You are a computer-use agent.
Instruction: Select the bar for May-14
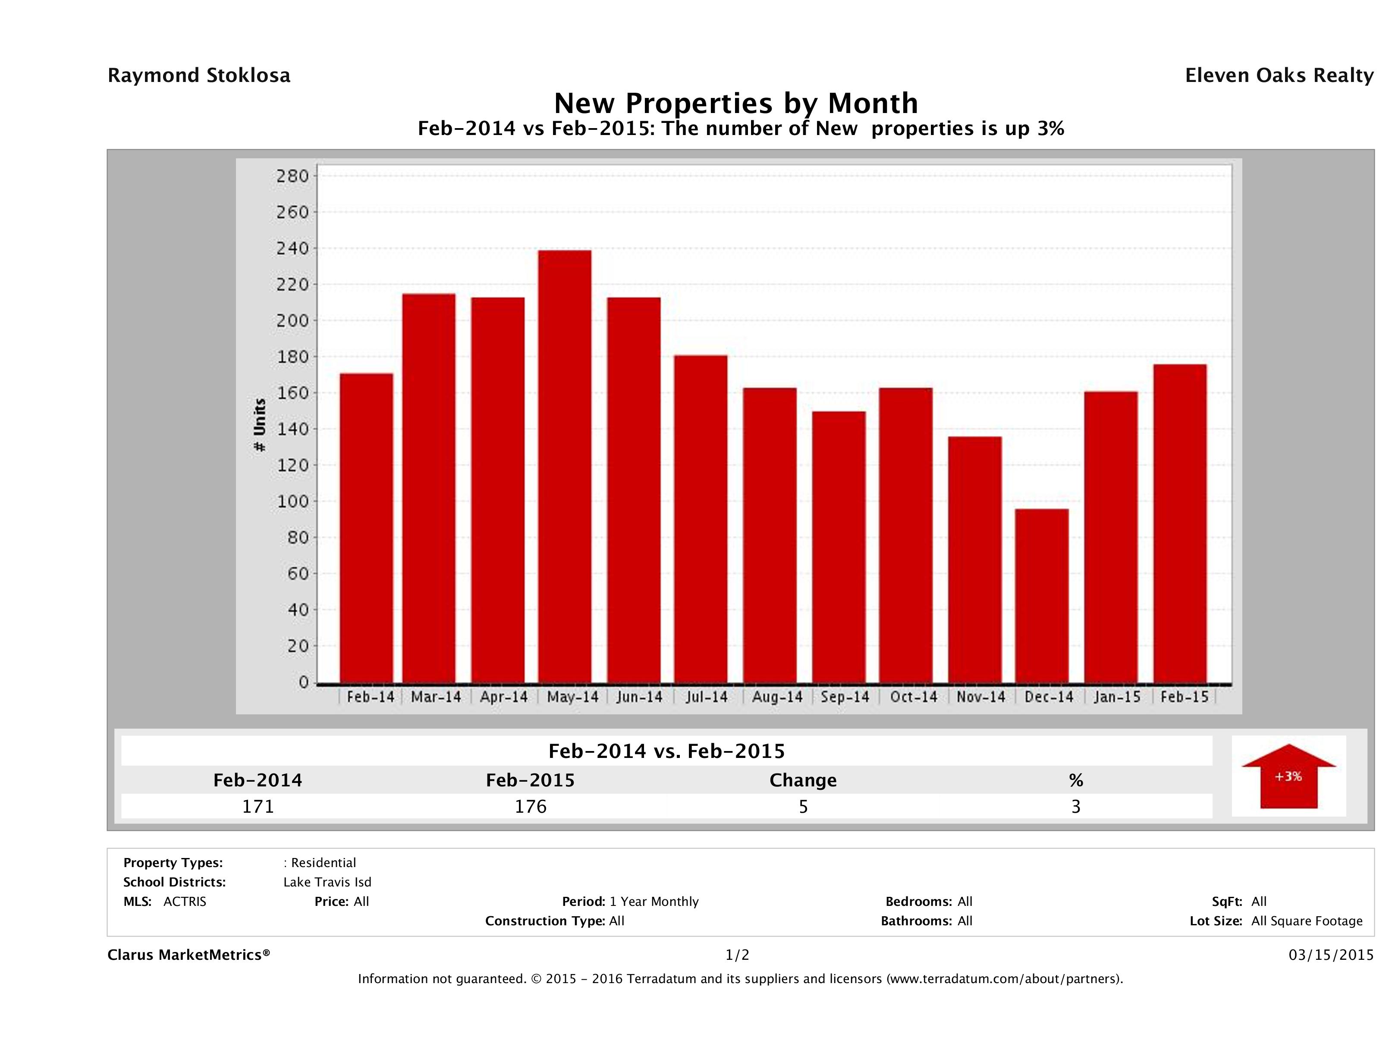pyautogui.click(x=565, y=466)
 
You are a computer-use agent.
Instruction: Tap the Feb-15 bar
pyautogui.click(x=1180, y=523)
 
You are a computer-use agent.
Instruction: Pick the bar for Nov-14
pyautogui.click(x=975, y=559)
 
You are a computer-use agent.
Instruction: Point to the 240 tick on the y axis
pyautogui.click(x=292, y=248)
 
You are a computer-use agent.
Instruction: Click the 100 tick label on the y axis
pyautogui.click(x=292, y=502)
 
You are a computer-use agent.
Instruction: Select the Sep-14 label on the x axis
pyautogui.click(x=845, y=697)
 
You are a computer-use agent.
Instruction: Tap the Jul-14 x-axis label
pyautogui.click(x=707, y=697)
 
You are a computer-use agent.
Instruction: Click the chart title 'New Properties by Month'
pyautogui.click(x=735, y=103)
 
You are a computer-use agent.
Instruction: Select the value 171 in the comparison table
pyautogui.click(x=258, y=806)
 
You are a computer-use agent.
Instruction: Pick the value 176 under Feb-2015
pyautogui.click(x=531, y=806)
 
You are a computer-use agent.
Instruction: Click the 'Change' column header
pyautogui.click(x=803, y=780)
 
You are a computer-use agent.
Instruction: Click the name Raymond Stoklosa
pyautogui.click(x=199, y=75)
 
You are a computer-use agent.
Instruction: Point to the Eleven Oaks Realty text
pyautogui.click(x=1279, y=75)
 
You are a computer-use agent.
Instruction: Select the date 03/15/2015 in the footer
pyautogui.click(x=1331, y=955)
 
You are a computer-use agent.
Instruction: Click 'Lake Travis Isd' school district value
pyautogui.click(x=327, y=882)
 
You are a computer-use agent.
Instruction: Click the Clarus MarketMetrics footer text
pyautogui.click(x=189, y=955)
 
